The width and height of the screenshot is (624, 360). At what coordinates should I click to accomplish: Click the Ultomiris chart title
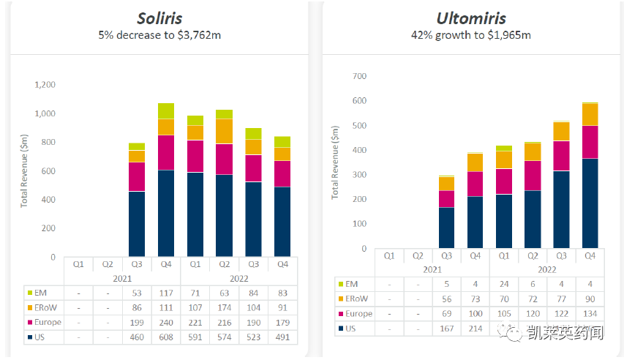(470, 18)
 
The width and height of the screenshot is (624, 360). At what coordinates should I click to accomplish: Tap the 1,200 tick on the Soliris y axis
(45, 85)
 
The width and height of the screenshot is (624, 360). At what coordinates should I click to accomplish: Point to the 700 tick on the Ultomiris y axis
(358, 76)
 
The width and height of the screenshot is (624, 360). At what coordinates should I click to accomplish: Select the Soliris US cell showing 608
(165, 337)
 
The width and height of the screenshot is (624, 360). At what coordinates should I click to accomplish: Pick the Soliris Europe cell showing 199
(136, 323)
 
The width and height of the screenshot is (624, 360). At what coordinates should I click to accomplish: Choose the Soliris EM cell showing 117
(165, 293)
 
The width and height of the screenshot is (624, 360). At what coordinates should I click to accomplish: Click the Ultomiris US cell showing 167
(447, 329)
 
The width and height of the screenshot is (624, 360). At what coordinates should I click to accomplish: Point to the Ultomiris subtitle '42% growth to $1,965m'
(470, 35)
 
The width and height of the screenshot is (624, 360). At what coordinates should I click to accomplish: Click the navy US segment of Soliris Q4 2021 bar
(165, 212)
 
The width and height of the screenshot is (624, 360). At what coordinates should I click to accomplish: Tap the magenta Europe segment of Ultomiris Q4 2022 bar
(590, 142)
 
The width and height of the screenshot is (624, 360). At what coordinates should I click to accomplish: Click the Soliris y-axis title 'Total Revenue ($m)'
(24, 170)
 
